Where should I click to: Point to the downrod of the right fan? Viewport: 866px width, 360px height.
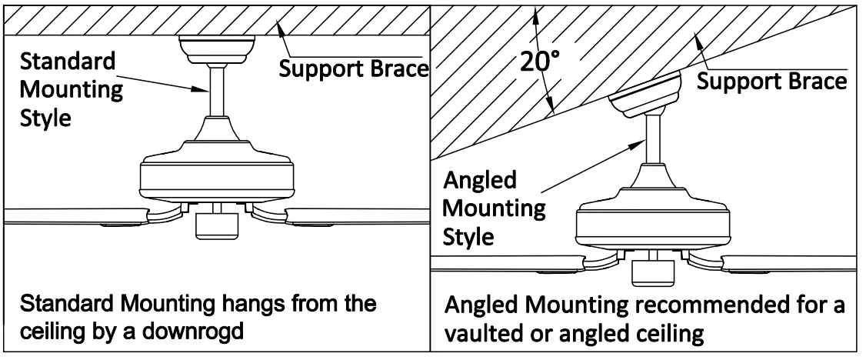[x=654, y=138]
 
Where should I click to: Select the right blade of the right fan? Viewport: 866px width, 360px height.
[x=792, y=263]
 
